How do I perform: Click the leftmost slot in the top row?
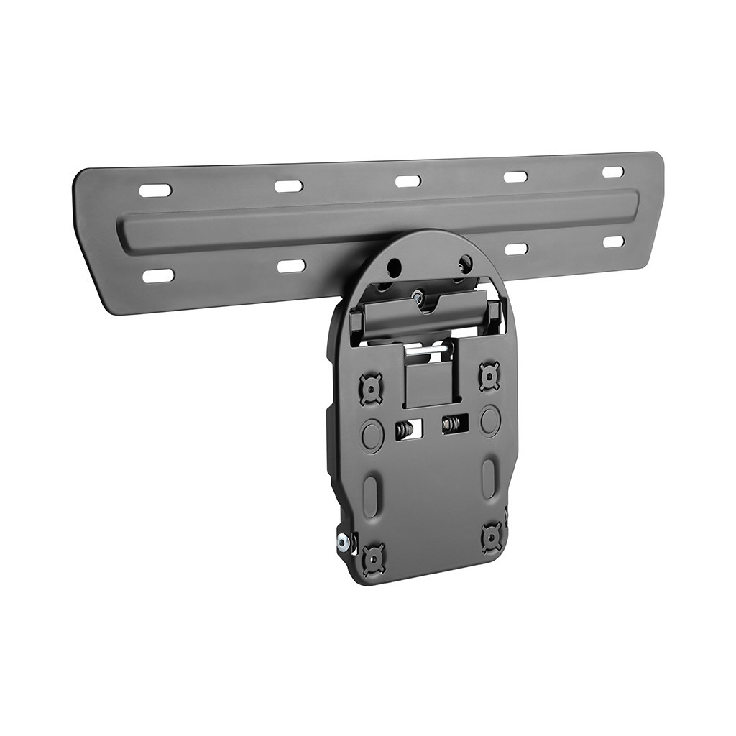click(155, 190)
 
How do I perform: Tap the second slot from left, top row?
click(288, 186)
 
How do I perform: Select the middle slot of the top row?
click(408, 181)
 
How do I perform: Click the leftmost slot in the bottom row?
click(158, 276)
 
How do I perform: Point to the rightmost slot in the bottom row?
click(613, 241)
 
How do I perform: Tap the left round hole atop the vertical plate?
click(394, 268)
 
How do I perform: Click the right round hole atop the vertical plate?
click(464, 263)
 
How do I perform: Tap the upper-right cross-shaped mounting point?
click(489, 375)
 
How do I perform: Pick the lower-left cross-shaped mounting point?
click(374, 558)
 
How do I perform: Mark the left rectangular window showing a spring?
click(405, 430)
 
